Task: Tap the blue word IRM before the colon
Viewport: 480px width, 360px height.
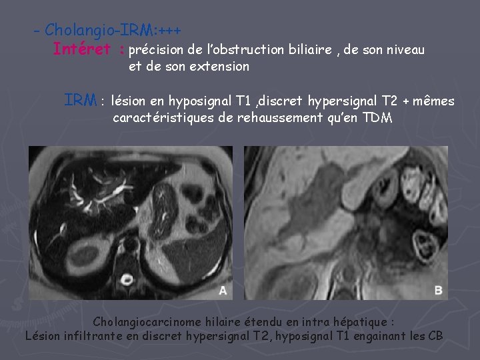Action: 81,101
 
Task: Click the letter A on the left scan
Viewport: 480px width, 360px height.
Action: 223,289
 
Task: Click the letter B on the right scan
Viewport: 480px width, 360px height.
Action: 439,289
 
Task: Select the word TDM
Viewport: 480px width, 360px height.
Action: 377,119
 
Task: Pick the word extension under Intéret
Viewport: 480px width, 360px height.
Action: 219,67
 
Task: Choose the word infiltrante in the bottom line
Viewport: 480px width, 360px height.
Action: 99,335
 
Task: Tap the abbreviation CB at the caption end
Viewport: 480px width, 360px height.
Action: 435,335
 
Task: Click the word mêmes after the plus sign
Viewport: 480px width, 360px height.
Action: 434,101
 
